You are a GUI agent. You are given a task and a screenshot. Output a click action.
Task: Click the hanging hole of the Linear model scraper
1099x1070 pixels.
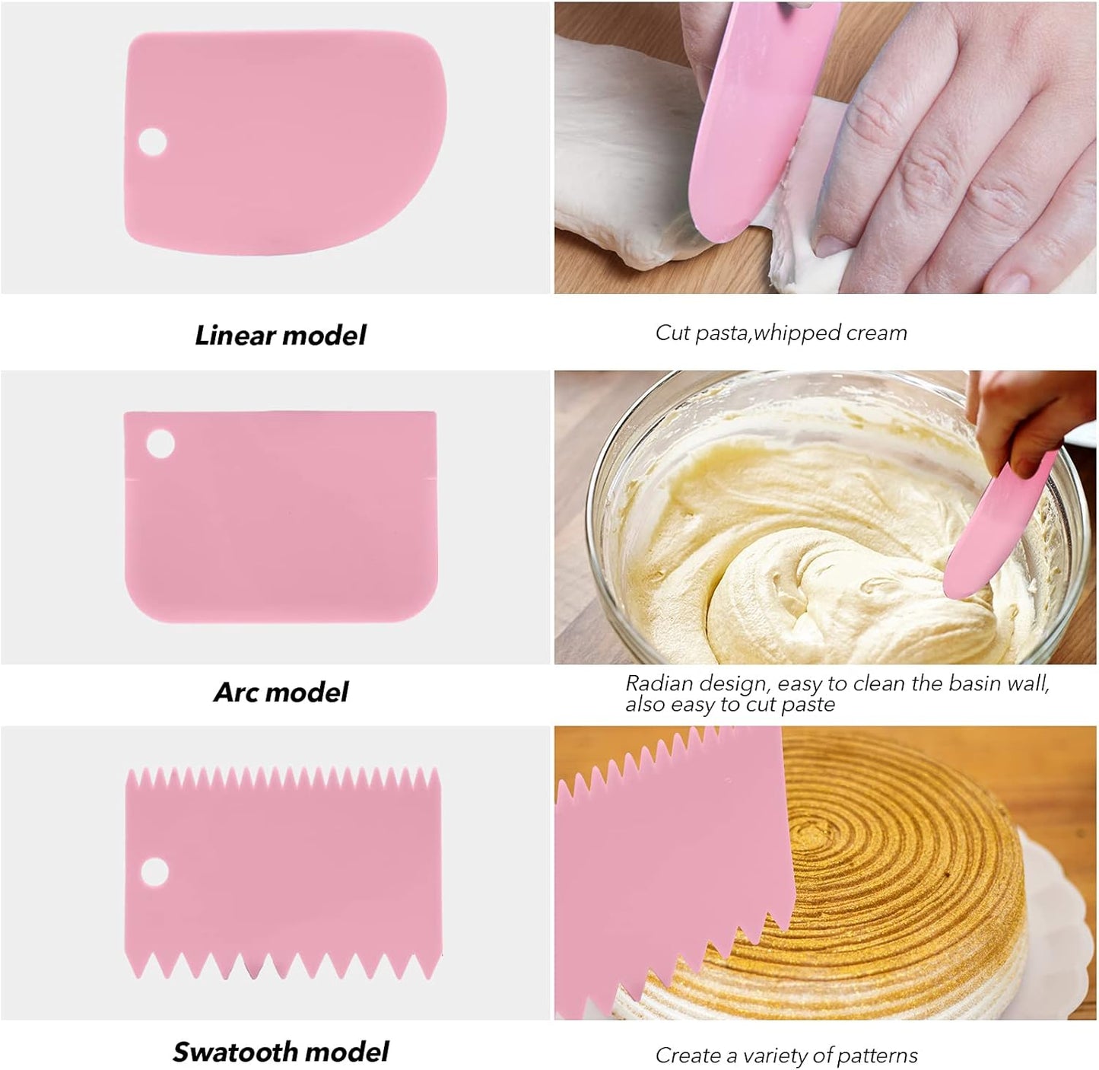tap(153, 142)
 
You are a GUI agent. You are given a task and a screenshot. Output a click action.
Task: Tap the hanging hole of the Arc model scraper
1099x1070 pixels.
tap(160, 444)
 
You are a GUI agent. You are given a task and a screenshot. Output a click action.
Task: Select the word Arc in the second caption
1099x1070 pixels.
tap(235, 693)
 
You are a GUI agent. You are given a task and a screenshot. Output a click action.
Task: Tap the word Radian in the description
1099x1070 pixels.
tap(659, 683)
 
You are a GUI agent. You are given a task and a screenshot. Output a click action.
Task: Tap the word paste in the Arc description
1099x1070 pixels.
tap(812, 705)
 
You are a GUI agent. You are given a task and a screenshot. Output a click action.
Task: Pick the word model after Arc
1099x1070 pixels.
tap(307, 693)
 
